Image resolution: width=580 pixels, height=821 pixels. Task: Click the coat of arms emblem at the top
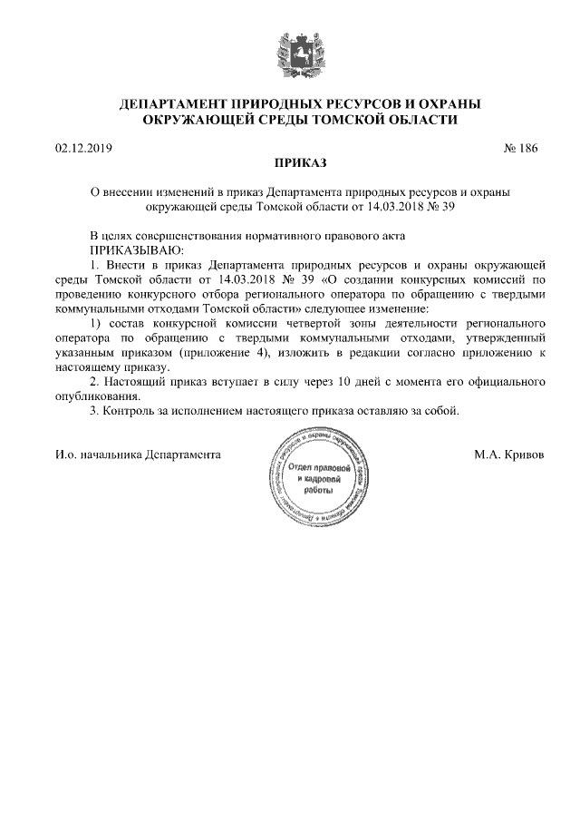290,50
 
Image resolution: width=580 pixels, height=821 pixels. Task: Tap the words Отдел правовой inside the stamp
318,466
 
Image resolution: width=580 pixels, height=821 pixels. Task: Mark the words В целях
109,234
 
